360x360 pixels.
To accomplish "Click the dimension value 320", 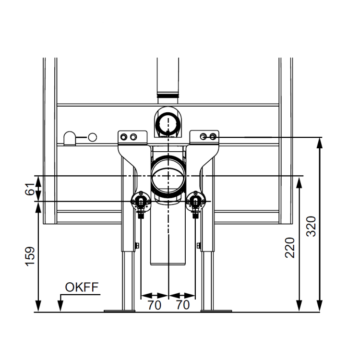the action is pyautogui.click(x=312, y=226).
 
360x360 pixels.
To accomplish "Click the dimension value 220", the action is pyautogui.click(x=290, y=248).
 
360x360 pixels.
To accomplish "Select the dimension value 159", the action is pyautogui.click(x=30, y=256).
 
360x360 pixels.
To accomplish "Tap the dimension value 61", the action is pyautogui.click(x=30, y=189).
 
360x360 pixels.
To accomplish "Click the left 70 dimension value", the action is pyautogui.click(x=154, y=305).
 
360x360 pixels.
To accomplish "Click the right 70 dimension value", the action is pyautogui.click(x=183, y=305).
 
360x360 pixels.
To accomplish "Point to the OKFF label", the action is pyautogui.click(x=82, y=287).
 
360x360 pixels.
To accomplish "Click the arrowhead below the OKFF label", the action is pyautogui.click(x=60, y=306).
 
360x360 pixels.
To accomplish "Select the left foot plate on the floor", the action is pyautogui.click(x=120, y=311).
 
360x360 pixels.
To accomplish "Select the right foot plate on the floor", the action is pyautogui.click(x=216, y=311).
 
